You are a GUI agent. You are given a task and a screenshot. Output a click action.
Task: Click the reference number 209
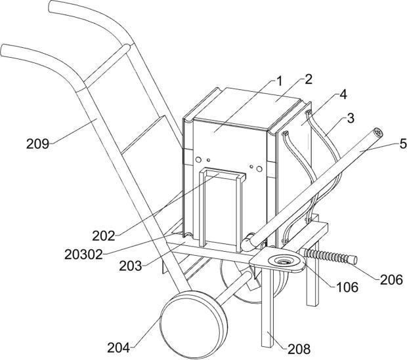pyautogui.click(x=37, y=144)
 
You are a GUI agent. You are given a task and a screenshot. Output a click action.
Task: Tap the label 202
pyautogui.click(x=104, y=236)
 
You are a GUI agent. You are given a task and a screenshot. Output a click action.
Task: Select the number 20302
pyautogui.click(x=83, y=254)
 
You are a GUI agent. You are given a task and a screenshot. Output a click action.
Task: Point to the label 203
pyautogui.click(x=130, y=266)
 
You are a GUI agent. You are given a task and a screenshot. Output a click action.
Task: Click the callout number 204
pyautogui.click(x=119, y=348)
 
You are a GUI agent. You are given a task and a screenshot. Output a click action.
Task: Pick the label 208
pyautogui.click(x=299, y=349)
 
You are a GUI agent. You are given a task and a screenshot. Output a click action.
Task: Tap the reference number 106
pyautogui.click(x=347, y=287)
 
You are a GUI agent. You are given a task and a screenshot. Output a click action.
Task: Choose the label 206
pyautogui.click(x=391, y=280)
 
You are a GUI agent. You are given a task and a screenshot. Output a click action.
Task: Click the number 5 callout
pyautogui.click(x=402, y=144)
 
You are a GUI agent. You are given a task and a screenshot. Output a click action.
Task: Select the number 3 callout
pyautogui.click(x=351, y=118)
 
